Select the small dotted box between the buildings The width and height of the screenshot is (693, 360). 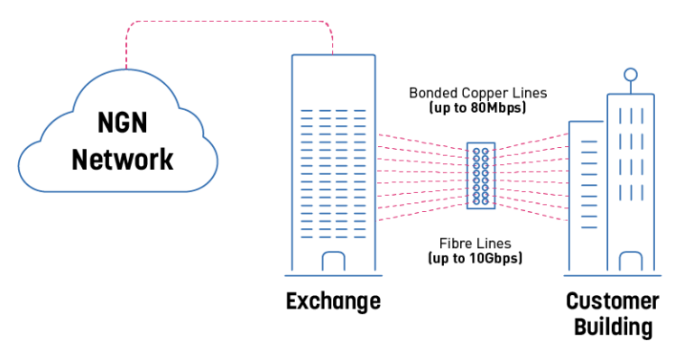pos(481,176)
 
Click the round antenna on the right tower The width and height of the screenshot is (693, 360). pos(631,74)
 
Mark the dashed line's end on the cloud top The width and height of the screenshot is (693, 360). pos(126,68)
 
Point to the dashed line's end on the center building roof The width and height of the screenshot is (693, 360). pos(333,53)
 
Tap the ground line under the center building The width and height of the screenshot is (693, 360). pos(333,275)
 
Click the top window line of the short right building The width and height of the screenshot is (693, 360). pos(589,142)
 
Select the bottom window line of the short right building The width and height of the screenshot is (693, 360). pos(589,227)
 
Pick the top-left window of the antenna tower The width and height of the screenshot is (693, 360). pos(619,115)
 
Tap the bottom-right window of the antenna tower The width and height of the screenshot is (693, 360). pos(642,192)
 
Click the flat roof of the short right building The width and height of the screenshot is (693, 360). pos(587,122)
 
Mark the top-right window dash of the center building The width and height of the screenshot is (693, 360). pos(360,111)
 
